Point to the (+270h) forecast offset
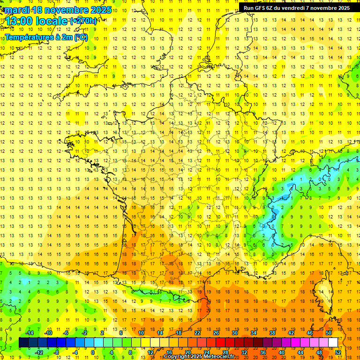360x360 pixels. click(83, 21)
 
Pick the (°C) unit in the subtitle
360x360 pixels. click(81, 37)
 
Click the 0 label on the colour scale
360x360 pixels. click(93, 352)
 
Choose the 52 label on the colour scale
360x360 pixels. click(338, 352)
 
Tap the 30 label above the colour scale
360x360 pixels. click(234, 333)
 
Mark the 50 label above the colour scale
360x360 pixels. click(328, 333)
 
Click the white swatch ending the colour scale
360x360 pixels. click(333, 343)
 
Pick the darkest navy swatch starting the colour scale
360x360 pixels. click(23, 343)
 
